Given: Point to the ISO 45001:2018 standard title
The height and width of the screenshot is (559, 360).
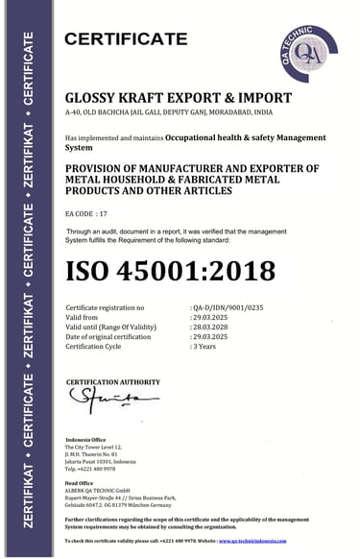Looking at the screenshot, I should (x=170, y=269).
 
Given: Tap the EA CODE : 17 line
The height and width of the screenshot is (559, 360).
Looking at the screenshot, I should (x=88, y=208).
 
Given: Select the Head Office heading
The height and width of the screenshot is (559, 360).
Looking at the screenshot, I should (x=79, y=482).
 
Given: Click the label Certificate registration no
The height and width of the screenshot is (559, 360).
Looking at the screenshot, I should (x=104, y=307).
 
